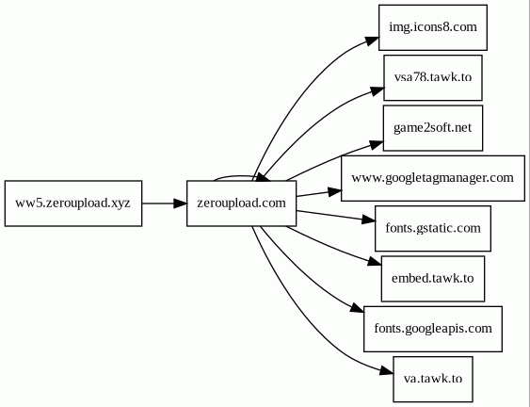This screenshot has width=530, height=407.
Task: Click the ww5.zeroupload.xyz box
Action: pyautogui.click(x=73, y=203)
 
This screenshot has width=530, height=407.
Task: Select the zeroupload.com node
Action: pyautogui.click(x=241, y=203)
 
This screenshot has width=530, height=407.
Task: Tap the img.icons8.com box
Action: pyautogui.click(x=433, y=27)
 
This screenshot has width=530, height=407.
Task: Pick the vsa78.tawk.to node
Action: pyautogui.click(x=433, y=78)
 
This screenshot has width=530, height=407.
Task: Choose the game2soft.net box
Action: pyautogui.click(x=433, y=128)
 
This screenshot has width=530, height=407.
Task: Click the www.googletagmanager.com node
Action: pyautogui.click(x=433, y=178)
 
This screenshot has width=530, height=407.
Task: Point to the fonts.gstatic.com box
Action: pyautogui.click(x=433, y=228)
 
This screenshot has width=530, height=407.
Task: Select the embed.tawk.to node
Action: pyautogui.click(x=433, y=279)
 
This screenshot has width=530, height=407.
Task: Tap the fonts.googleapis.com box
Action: pyautogui.click(x=433, y=329)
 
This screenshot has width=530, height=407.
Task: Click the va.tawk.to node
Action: pyautogui.click(x=433, y=380)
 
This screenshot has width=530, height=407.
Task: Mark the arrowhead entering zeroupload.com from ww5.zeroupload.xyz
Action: pyautogui.click(x=180, y=203)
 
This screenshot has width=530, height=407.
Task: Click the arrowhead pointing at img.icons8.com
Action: pyautogui.click(x=372, y=41)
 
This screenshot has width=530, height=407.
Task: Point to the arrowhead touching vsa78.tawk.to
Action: pyautogui.click(x=377, y=90)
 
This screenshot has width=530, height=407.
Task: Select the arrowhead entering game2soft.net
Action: pyautogui.click(x=377, y=144)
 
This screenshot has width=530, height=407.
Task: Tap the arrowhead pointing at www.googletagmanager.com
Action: pyautogui.click(x=334, y=191)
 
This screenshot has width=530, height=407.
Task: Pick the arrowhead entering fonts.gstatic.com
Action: pyautogui.click(x=368, y=220)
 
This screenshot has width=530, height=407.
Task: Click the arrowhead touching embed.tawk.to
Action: pyautogui.click(x=375, y=262)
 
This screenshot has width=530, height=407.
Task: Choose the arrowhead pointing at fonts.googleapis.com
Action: pyautogui.click(x=358, y=308)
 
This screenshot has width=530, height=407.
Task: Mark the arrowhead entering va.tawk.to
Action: pyautogui.click(x=387, y=371)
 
